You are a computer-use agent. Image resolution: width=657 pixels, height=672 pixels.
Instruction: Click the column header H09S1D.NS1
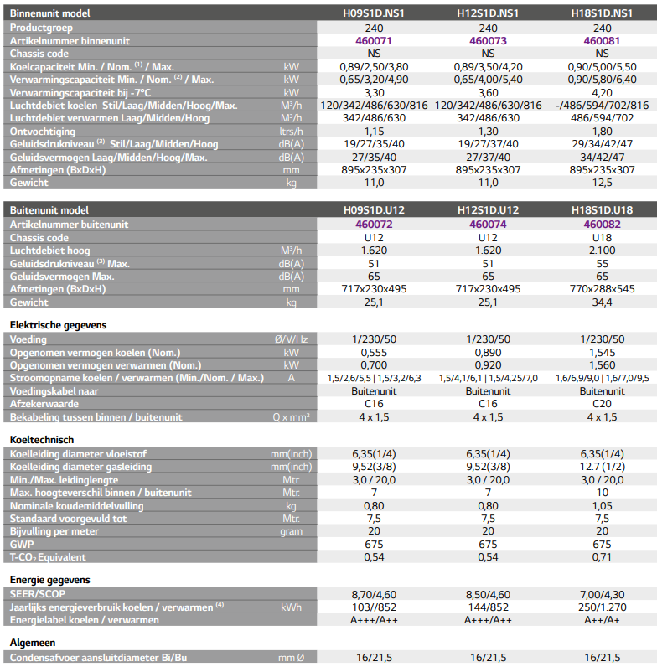coord(374,13)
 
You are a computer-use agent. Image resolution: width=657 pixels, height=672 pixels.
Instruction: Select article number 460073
coord(489,41)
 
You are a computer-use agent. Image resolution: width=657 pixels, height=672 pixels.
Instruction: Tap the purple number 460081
coord(603,41)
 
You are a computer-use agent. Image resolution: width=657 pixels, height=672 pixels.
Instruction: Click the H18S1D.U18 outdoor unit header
coord(603,210)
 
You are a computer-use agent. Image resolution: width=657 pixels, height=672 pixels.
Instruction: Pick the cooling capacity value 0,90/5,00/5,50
coord(603,67)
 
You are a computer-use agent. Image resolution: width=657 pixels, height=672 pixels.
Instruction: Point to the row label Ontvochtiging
coord(43,132)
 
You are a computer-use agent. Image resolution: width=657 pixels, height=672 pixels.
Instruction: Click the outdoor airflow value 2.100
coord(603,251)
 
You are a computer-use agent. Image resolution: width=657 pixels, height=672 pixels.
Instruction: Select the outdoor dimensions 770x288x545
coord(603,289)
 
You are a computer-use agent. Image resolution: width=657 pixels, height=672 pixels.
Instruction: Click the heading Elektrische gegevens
coord(59,325)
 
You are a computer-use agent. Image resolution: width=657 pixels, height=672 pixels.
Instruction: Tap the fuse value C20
coord(603,404)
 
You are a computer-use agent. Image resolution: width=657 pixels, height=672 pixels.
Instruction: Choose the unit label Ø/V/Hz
coord(292,339)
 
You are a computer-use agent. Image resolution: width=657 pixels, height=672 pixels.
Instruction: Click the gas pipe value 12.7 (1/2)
coord(603,467)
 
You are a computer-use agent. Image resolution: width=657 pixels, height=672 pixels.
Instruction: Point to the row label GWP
coord(22,545)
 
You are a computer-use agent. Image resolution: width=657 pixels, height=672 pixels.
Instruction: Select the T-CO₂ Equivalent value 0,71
coord(603,557)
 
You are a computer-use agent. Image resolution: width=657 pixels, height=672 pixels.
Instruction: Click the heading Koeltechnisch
coord(42,440)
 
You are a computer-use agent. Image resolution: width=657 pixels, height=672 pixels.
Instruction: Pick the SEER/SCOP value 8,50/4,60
coord(489,595)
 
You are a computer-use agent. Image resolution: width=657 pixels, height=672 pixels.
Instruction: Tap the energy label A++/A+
coord(603,620)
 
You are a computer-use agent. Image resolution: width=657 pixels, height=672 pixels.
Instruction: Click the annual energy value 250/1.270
coord(603,607)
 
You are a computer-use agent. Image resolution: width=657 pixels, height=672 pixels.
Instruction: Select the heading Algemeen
coord(33,643)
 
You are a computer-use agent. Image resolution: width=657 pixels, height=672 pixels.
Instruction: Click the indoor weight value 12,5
coord(603,183)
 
